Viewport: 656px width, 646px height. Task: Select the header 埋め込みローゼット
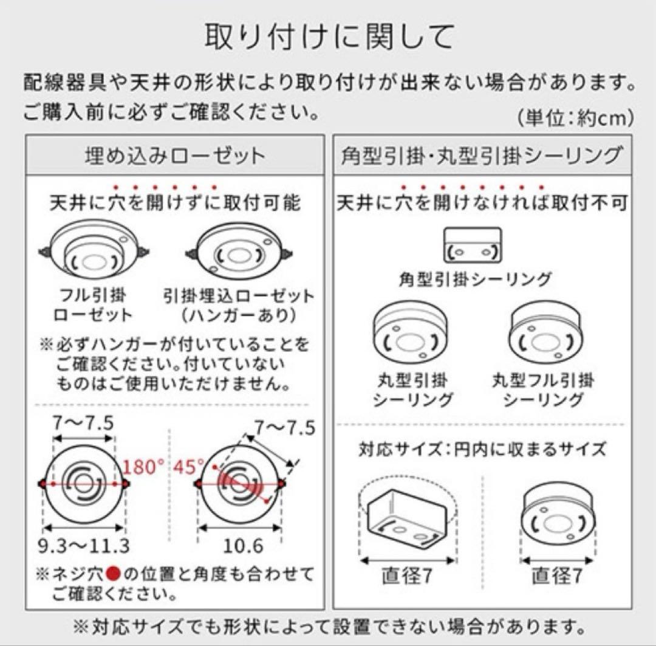coord(175,156)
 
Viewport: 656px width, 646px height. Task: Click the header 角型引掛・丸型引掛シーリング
coord(482,156)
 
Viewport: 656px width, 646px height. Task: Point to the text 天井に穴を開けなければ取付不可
coord(482,203)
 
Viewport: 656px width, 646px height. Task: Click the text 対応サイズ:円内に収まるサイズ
coord(482,450)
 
